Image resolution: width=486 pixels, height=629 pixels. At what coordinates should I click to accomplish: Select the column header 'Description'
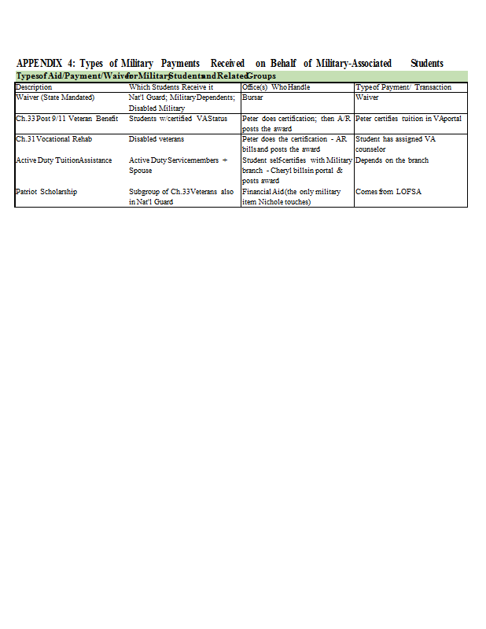click(34, 86)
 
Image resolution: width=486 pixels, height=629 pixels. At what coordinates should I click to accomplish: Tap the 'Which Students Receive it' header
click(171, 86)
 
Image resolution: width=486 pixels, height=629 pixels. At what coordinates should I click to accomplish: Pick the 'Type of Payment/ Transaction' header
click(403, 86)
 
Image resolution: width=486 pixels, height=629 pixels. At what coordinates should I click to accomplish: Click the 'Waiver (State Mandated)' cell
click(55, 97)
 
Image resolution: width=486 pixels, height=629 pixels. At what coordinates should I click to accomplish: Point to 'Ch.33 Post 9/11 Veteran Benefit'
click(67, 118)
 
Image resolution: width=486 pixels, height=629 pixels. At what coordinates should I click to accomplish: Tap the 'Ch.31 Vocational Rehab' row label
click(54, 138)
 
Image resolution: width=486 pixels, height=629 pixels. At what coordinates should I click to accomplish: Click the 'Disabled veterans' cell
click(156, 138)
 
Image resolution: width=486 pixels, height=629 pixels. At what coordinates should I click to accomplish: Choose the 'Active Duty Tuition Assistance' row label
click(64, 160)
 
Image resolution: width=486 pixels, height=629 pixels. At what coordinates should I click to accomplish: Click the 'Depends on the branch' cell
click(392, 160)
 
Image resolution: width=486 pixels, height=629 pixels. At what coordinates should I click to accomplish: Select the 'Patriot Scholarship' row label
click(46, 191)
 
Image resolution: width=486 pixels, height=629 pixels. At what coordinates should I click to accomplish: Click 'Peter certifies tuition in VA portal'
click(408, 118)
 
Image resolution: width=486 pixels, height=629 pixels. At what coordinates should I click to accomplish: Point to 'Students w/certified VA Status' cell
click(178, 118)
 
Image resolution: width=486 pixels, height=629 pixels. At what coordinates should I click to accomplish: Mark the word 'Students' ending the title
click(427, 63)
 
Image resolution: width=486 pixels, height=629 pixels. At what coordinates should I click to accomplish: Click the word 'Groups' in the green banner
click(261, 75)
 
